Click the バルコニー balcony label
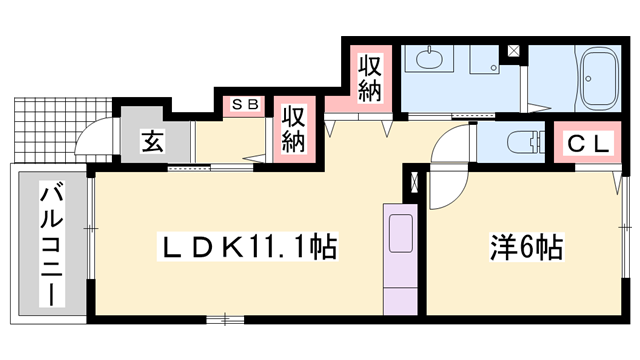(x=48, y=245)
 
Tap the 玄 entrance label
(x=151, y=142)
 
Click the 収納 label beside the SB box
(x=292, y=128)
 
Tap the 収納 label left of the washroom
(x=370, y=78)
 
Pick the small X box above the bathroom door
(x=514, y=50)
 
